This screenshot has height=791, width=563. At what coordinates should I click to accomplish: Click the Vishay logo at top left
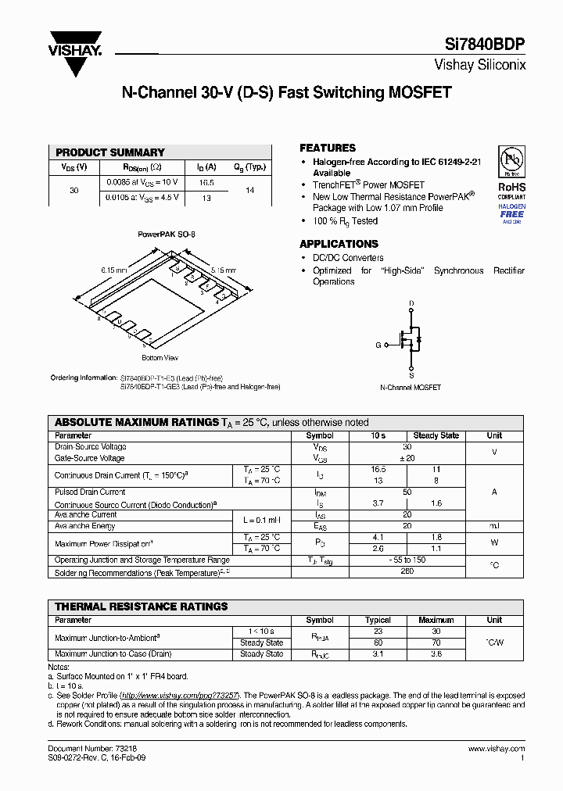[75, 53]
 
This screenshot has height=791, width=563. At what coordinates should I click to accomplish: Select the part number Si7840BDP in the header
[491, 45]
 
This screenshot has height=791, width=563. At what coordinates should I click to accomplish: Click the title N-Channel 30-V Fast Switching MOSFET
[286, 92]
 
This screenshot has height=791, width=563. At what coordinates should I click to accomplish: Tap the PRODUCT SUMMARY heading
[110, 152]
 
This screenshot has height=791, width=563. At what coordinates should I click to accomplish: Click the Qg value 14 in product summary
[250, 190]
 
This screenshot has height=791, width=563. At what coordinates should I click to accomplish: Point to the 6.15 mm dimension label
[113, 270]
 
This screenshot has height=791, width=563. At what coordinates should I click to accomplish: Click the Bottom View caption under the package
[160, 358]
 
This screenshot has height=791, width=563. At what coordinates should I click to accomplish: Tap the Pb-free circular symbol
[511, 161]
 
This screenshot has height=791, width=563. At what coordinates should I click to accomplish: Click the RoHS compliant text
[512, 191]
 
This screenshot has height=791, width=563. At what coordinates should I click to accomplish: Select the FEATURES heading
[328, 148]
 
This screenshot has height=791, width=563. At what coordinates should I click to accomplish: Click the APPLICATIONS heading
[339, 244]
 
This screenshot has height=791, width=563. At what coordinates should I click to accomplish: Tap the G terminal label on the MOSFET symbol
[378, 344]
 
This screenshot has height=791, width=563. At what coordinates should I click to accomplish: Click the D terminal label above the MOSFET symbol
[411, 302]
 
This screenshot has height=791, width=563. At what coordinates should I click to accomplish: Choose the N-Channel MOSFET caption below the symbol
[411, 388]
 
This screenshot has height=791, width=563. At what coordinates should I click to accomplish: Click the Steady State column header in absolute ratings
[436, 435]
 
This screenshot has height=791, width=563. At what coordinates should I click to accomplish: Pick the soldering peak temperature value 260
[407, 572]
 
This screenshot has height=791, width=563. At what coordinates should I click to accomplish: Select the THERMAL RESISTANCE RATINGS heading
[142, 606]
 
